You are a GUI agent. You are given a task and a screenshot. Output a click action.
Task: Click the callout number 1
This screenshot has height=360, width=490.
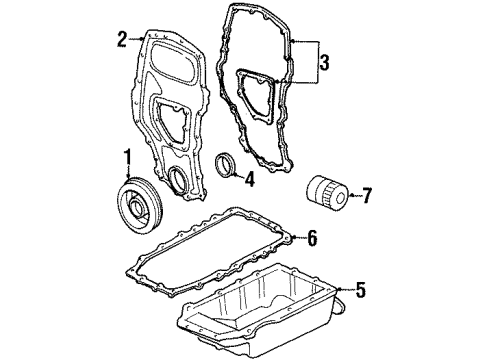[x=128, y=159]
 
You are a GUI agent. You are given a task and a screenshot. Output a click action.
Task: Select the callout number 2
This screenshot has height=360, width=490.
[x=122, y=40]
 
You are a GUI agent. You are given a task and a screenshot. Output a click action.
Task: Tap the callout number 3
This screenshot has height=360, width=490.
[x=324, y=62]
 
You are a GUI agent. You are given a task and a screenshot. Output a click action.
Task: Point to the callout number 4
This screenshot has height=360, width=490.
[x=249, y=180]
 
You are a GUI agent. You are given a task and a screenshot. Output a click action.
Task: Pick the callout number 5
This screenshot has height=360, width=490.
[x=360, y=290]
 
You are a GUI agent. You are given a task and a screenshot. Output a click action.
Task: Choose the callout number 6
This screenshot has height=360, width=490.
[x=312, y=238]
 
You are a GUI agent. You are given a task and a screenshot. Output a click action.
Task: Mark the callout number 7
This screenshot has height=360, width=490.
[x=366, y=196]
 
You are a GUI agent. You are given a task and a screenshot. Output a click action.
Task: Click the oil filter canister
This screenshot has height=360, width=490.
[x=327, y=194]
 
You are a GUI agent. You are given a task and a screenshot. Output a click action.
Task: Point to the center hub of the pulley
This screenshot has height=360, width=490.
[x=137, y=209]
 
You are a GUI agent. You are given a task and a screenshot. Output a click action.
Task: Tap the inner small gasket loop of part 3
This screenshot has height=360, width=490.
[x=255, y=96]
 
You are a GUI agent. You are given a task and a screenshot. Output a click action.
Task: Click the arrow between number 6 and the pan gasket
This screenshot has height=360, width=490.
[x=298, y=238]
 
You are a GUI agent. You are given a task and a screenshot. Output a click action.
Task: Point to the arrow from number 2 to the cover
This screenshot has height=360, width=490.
[x=136, y=39]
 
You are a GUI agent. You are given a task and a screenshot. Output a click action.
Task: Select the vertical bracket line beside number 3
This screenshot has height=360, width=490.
[x=318, y=62]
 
